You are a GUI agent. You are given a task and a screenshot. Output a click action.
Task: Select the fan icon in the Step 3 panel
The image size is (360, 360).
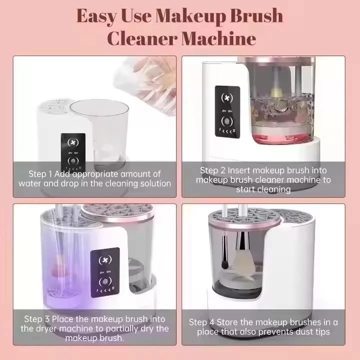coord(104,259)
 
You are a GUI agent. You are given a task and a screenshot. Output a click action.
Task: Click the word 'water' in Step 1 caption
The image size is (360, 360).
coord(29,183)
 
